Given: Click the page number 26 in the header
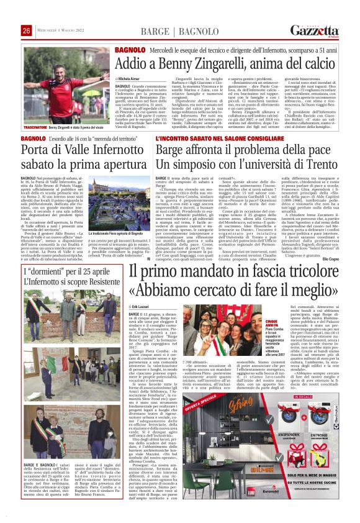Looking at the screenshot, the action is [x=26, y=30].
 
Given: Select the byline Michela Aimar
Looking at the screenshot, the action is [x=128, y=80].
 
